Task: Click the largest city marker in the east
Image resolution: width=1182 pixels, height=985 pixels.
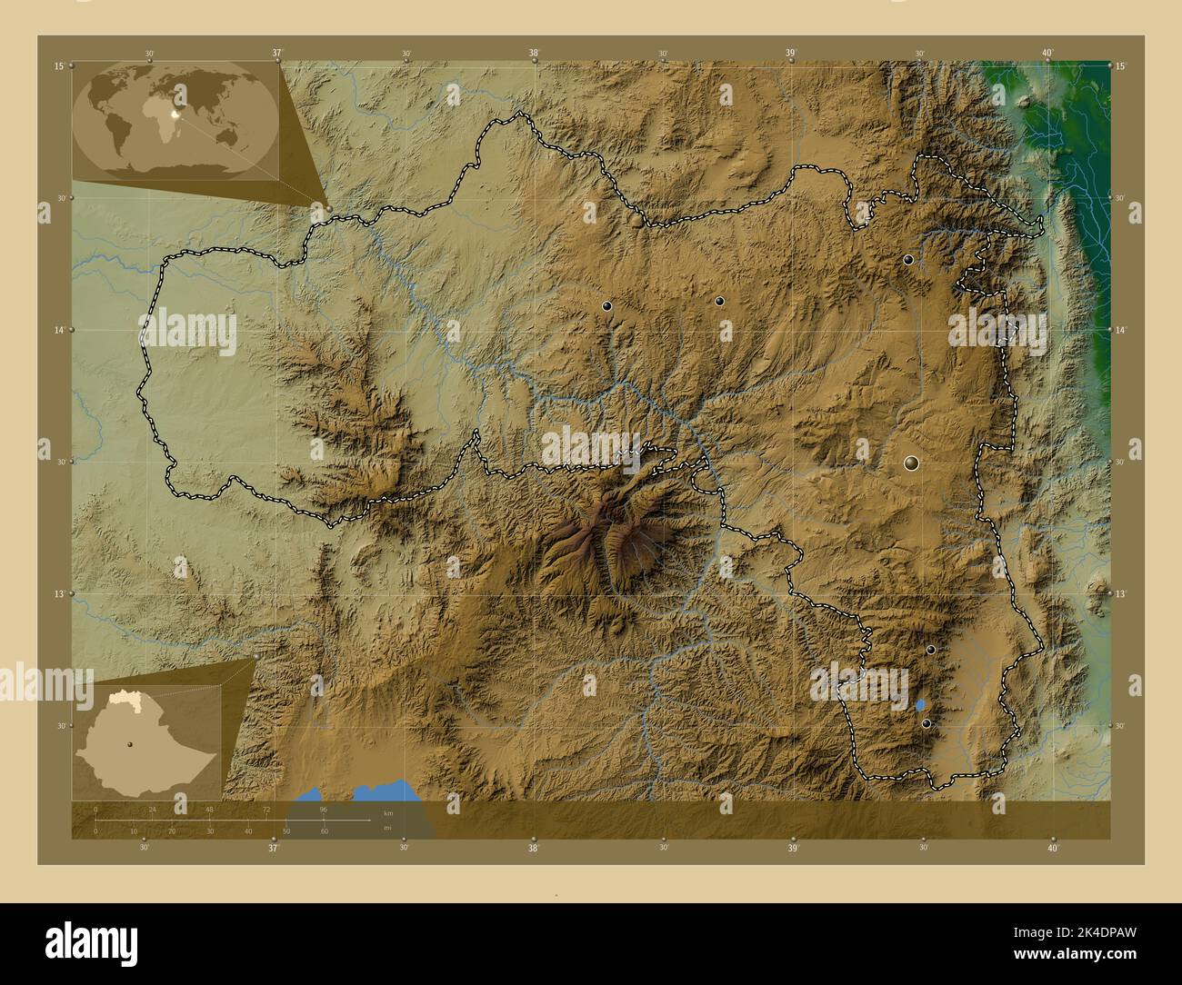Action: pos(912,463)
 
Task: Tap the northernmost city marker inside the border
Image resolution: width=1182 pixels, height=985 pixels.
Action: pos(908,260)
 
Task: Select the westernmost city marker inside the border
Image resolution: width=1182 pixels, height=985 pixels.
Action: pos(607,307)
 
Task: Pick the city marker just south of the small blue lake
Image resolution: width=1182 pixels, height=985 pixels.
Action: pos(927,723)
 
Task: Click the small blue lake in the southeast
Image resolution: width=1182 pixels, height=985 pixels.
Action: pos(921,704)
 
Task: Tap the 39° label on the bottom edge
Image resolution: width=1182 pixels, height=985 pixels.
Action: pos(793,849)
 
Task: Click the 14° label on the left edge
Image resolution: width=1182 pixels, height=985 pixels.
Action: pos(58,331)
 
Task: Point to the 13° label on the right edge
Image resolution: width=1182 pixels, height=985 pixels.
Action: pos(1121,593)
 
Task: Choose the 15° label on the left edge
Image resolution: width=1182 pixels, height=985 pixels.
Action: pos(58,66)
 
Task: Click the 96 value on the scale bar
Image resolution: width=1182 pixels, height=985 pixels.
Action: pos(324,809)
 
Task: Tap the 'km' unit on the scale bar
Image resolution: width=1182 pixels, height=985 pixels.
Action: pos(388,812)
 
